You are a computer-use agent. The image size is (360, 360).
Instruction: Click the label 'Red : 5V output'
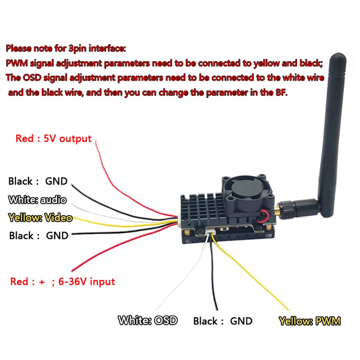[53, 139]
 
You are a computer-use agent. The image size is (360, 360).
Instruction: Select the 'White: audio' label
[37, 200]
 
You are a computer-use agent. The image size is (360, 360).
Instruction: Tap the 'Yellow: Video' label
[40, 218]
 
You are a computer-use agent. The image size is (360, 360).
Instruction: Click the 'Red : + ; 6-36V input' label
[63, 282]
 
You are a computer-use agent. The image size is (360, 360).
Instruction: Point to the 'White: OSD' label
[148, 321]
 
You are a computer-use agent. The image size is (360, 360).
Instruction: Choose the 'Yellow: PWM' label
[309, 321]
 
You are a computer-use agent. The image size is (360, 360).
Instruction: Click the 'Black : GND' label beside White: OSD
[223, 321]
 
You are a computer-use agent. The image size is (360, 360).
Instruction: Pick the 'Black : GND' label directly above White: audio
[38, 181]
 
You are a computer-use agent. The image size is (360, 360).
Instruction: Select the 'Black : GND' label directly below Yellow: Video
[38, 236]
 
